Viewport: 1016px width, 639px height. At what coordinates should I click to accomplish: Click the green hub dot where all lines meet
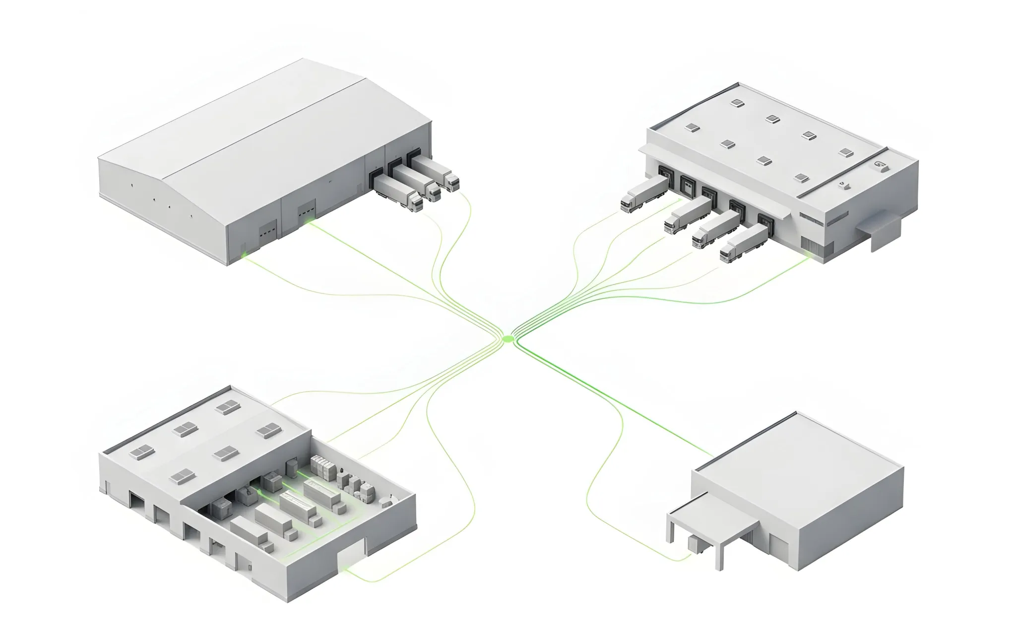point(507,338)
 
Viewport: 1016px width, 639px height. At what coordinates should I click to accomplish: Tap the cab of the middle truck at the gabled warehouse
point(433,192)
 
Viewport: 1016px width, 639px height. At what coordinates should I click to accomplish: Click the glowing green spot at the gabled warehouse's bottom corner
point(244,255)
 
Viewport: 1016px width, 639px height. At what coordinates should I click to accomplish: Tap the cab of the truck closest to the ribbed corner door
point(728,254)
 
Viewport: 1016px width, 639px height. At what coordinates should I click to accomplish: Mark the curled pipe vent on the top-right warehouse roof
point(881,165)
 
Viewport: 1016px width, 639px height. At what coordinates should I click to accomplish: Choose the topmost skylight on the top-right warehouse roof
point(738,103)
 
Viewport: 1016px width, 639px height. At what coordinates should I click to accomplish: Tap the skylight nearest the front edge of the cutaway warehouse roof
point(181,477)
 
